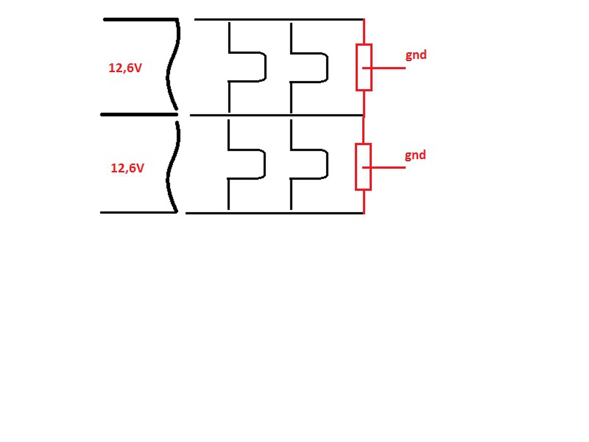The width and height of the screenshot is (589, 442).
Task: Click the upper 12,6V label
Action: pos(125,68)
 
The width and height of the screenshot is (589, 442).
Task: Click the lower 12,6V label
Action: pos(127,168)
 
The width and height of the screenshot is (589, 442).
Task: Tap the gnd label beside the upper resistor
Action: pos(416,55)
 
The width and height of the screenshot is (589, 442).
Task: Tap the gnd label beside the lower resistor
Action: pos(415,155)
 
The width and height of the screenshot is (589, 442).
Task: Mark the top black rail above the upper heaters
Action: pos(276,19)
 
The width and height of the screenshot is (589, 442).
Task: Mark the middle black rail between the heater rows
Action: pos(276,115)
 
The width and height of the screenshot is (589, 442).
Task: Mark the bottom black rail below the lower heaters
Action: pos(276,213)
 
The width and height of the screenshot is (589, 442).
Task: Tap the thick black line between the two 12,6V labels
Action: pos(138,115)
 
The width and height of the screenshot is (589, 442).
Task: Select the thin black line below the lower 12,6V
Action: pos(138,213)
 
